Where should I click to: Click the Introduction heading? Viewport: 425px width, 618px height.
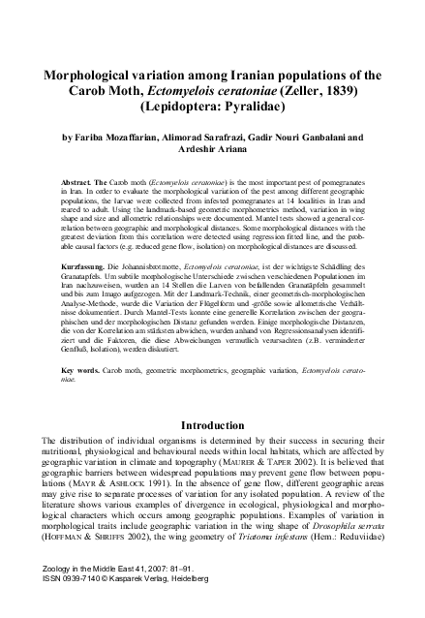click(212, 424)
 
